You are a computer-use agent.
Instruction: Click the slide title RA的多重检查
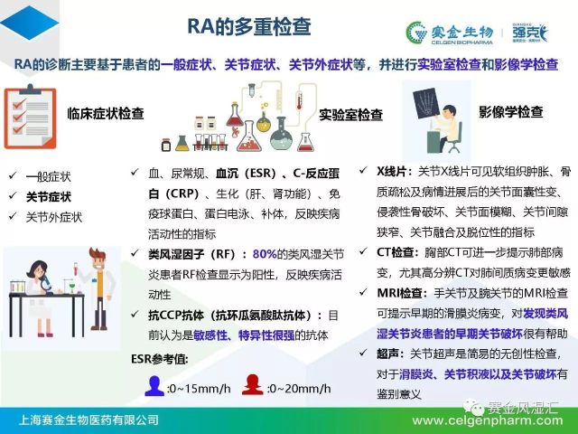[x=249, y=26]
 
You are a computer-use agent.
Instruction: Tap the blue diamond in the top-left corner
[x=30, y=23]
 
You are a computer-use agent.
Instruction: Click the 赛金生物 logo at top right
[x=450, y=33]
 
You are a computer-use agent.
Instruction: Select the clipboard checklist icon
[x=30, y=117]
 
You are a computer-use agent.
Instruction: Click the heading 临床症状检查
[x=106, y=113]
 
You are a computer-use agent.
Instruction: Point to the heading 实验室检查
[x=350, y=115]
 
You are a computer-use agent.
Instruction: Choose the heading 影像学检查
[x=511, y=112]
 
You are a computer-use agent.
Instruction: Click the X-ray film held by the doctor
[x=426, y=102]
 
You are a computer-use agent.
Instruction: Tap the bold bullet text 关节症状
[x=49, y=197]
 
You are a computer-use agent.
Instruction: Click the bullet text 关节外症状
[x=54, y=217]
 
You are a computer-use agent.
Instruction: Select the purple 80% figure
[x=265, y=254]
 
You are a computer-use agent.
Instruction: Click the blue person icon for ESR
[x=154, y=386]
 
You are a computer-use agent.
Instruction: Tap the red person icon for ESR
[x=252, y=384]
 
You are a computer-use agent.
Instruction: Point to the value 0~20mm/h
[x=299, y=388]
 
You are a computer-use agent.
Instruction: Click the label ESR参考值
[x=160, y=359]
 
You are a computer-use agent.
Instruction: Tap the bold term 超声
[x=387, y=354]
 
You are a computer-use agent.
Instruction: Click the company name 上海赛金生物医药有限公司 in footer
[x=89, y=420]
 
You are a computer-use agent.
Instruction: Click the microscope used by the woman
[x=46, y=282]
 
